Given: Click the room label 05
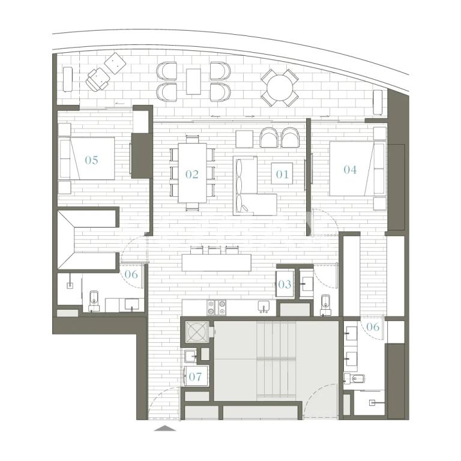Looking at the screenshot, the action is click(x=91, y=160).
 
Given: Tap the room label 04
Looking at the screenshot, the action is click(x=350, y=170).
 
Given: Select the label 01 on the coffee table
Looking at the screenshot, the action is click(x=282, y=174).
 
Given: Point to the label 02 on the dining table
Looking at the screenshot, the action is click(x=191, y=174).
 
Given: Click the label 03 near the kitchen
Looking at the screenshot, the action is click(x=285, y=285).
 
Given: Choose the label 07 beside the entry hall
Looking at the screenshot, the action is click(x=195, y=376).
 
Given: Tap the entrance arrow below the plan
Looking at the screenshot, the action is click(x=165, y=429).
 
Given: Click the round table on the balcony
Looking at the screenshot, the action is click(x=280, y=88).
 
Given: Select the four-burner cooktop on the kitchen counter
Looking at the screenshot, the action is click(x=217, y=307).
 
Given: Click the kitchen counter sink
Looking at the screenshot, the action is click(x=264, y=306).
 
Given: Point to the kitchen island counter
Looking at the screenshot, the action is click(x=217, y=262).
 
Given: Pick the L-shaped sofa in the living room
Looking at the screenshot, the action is click(x=255, y=186).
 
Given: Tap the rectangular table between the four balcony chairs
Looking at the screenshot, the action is click(x=193, y=82).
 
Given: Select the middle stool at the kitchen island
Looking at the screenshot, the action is click(x=214, y=250).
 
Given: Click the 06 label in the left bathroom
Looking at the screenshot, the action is click(x=131, y=274).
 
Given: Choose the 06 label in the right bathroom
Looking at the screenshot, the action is click(x=373, y=327).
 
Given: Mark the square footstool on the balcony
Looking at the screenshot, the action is click(x=115, y=64).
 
